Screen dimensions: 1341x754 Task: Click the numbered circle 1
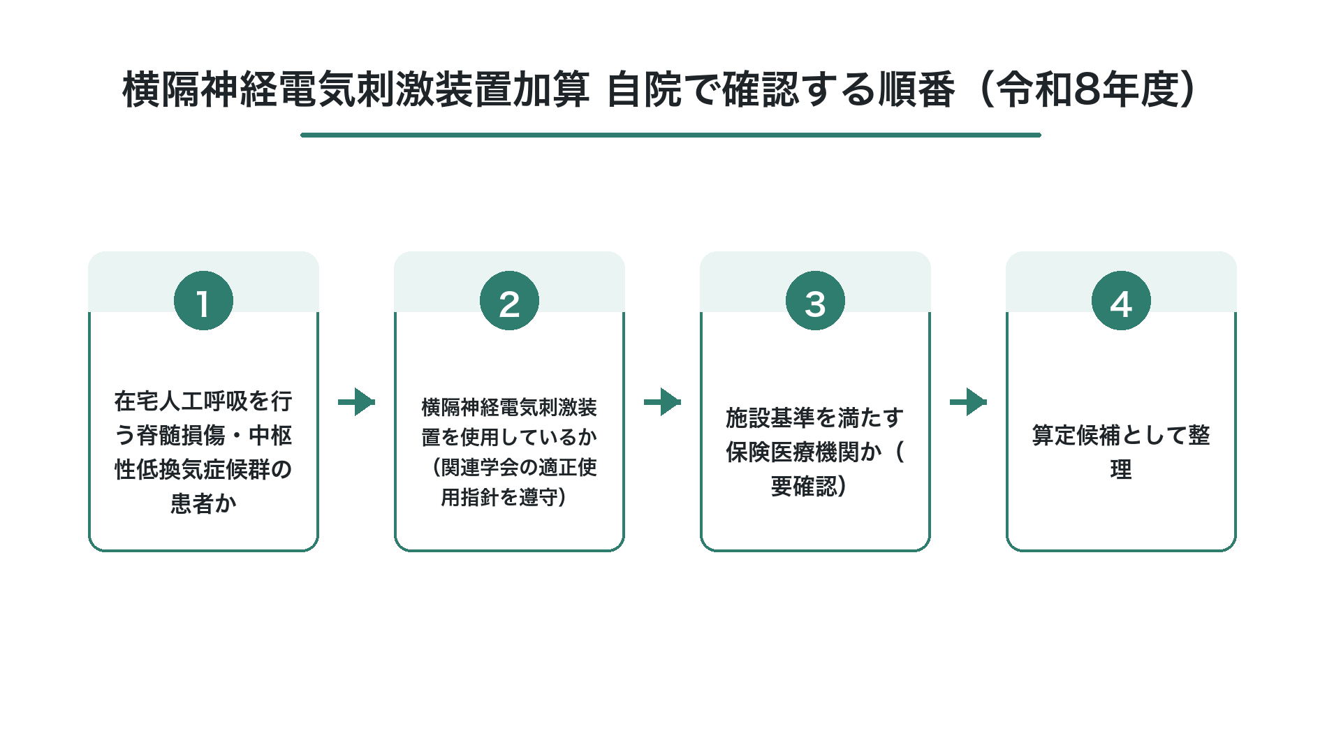coord(203,301)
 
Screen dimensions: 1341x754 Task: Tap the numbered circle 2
coord(509,301)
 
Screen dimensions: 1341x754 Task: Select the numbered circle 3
coord(815,301)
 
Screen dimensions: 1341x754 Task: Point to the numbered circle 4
coord(1121,301)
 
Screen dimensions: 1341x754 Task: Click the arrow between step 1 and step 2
coord(356,401)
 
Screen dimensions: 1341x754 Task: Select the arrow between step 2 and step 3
coord(662,401)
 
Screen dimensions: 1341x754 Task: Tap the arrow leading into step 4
coord(968,401)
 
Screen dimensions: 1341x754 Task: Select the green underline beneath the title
coord(670,135)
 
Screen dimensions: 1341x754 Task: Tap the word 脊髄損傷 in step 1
coord(181,436)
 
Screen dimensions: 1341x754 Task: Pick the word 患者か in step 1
coord(203,503)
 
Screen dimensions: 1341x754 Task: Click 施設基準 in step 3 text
coord(770,418)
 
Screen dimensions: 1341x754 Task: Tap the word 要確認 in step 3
coord(804,486)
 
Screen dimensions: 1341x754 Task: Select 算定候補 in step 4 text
coord(1076,436)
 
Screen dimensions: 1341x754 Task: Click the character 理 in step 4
coord(1121,469)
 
